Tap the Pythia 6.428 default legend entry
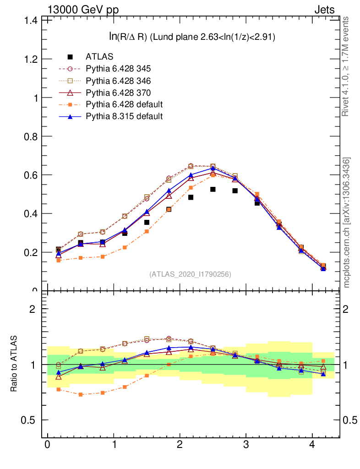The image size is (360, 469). (x=124, y=104)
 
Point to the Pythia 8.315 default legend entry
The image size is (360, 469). (x=124, y=116)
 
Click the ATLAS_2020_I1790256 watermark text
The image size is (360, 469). (x=190, y=274)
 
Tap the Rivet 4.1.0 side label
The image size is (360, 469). (x=346, y=66)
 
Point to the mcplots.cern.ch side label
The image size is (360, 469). (x=347, y=223)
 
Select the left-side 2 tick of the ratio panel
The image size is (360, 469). (x=32, y=309)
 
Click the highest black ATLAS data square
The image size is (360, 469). (x=213, y=189)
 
